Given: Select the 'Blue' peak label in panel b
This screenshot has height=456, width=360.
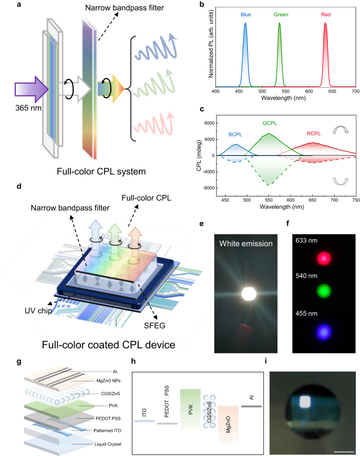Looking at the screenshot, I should click(x=245, y=15).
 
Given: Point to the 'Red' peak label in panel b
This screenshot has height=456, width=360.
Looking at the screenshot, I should click(x=326, y=15).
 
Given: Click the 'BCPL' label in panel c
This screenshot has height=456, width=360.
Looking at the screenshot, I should click(x=235, y=134).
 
